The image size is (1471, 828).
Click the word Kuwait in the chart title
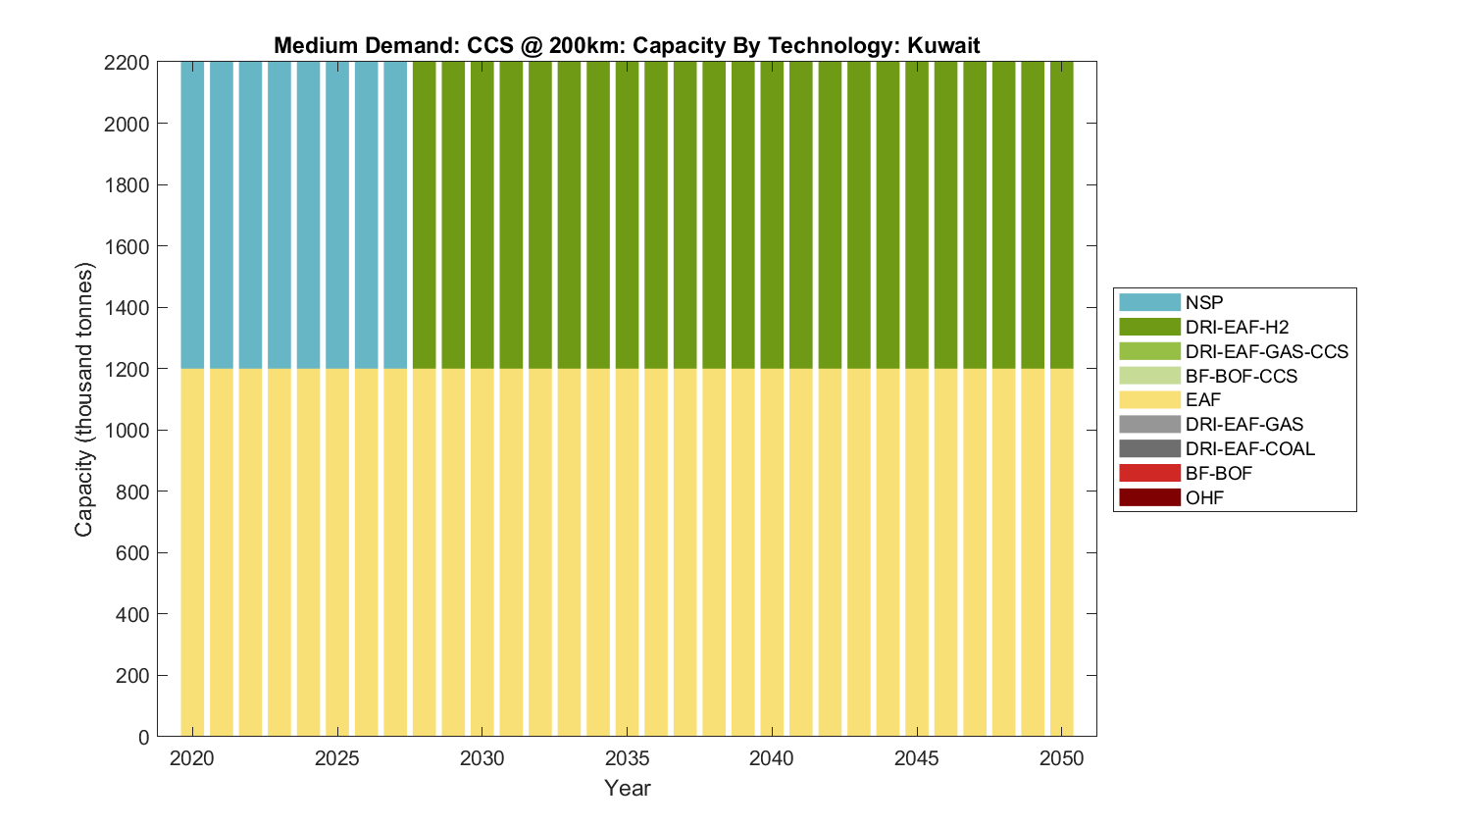[x=943, y=45]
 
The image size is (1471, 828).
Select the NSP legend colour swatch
[x=1149, y=302]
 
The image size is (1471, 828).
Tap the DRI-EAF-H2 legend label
[x=1237, y=327]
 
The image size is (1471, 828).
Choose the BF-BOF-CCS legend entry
[x=1241, y=376]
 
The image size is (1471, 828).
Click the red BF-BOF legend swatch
[x=1149, y=473]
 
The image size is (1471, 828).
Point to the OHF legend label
[x=1204, y=497]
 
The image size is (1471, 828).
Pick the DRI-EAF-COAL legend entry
[x=1249, y=448]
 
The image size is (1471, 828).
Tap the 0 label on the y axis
[x=144, y=737]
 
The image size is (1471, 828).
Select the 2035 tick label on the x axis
[x=627, y=758]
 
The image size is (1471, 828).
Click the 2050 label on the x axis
[x=1062, y=758]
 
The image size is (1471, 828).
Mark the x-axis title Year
[x=628, y=788]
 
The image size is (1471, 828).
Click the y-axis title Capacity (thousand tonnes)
[x=84, y=399]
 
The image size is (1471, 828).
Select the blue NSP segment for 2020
[x=192, y=216]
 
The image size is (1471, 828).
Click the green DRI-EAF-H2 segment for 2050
[x=1062, y=216]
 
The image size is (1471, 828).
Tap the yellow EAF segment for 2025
[x=337, y=549]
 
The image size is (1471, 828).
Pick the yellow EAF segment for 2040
[x=772, y=549]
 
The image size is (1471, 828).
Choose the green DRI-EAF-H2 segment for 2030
[x=482, y=216]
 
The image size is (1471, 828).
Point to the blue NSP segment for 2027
[x=395, y=216]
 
